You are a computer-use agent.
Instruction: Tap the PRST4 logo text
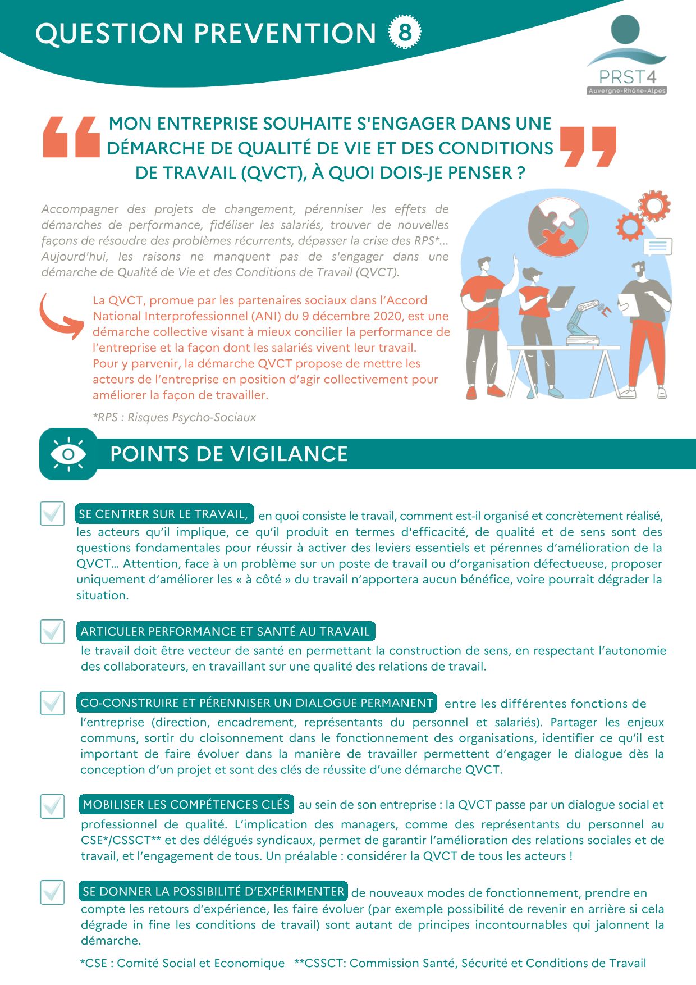(x=627, y=76)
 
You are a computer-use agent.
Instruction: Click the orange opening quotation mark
(x=71, y=136)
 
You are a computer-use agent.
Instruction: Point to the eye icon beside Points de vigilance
(x=68, y=454)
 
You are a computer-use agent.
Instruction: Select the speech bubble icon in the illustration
(x=657, y=246)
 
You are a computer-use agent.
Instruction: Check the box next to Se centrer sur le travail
(x=52, y=513)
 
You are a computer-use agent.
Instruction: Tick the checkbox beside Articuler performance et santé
(x=52, y=631)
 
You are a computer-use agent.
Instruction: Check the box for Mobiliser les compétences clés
(x=52, y=806)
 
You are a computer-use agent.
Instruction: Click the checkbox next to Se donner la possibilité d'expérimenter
(x=52, y=892)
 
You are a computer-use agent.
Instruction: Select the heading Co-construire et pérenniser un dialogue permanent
(x=257, y=703)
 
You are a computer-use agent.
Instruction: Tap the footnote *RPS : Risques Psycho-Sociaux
(x=174, y=417)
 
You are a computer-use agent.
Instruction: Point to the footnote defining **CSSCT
(x=470, y=963)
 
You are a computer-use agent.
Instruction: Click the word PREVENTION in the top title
(x=285, y=33)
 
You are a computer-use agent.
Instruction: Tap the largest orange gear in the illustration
(x=654, y=206)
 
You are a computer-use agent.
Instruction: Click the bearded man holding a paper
(x=644, y=326)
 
